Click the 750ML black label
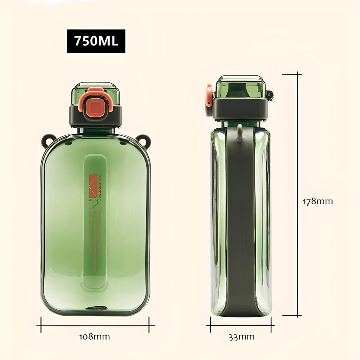point(96,41)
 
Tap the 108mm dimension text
point(94,336)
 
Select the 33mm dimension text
point(242,337)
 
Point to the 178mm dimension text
point(317,201)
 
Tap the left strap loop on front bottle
point(47,140)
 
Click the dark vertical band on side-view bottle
point(241,225)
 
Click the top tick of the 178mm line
point(291,75)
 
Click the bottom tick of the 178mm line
point(291,315)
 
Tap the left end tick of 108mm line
point(41,324)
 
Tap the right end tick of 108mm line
point(149,324)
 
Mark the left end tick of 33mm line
point(211,324)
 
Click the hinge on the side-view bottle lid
point(269,95)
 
